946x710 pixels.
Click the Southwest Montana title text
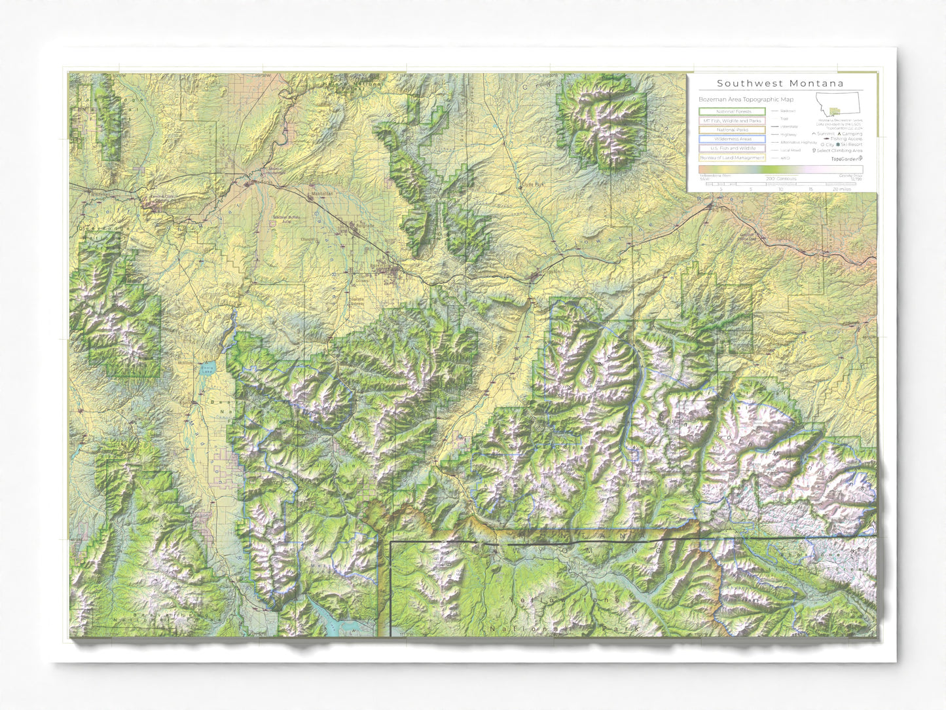pos(780,83)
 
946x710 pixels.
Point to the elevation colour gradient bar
pos(780,170)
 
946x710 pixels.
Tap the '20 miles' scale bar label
pos(842,189)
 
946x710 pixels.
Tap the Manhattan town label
pos(321,194)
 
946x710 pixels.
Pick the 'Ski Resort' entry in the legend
pos(849,145)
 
